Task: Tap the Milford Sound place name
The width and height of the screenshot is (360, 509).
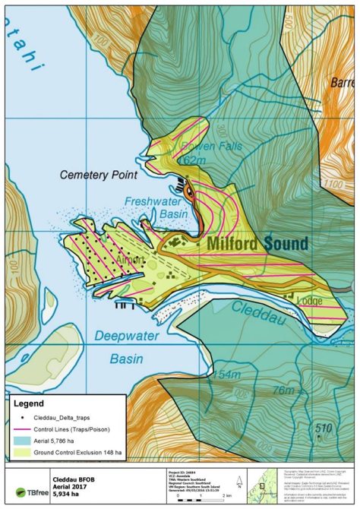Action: (x=257, y=244)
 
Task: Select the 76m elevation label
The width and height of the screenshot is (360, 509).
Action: (x=286, y=390)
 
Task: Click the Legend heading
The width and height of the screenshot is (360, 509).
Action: (x=27, y=403)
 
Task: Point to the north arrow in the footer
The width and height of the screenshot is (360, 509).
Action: (x=238, y=480)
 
